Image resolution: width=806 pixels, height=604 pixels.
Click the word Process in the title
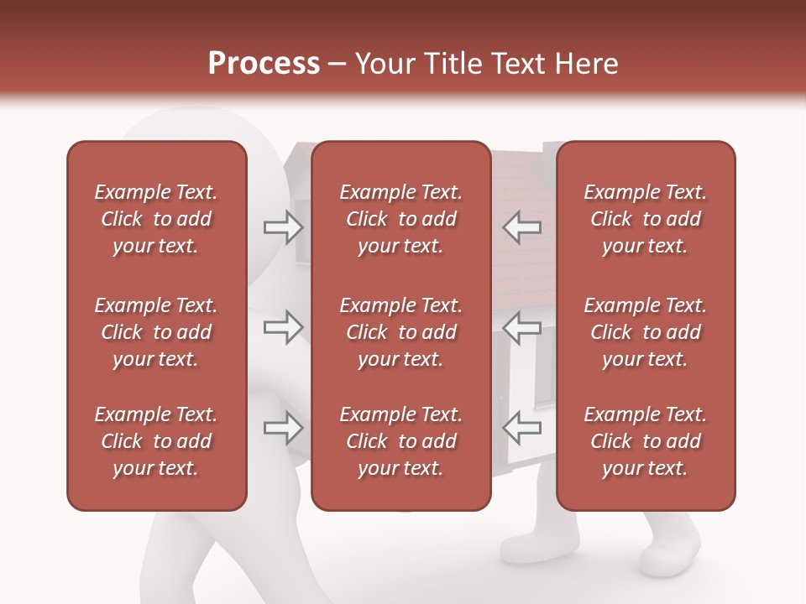pyautogui.click(x=264, y=64)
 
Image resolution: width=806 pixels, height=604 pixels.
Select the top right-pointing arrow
pyautogui.click(x=283, y=227)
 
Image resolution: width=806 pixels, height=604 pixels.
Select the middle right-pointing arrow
pyautogui.click(x=283, y=327)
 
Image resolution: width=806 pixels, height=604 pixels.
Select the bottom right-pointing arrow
pyautogui.click(x=283, y=427)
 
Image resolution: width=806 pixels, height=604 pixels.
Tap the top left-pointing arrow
pyautogui.click(x=522, y=227)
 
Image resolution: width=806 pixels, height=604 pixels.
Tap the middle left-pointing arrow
pyautogui.click(x=522, y=327)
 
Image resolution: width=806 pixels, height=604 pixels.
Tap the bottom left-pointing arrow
pyautogui.click(x=522, y=427)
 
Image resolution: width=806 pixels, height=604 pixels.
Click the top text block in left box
pyautogui.click(x=156, y=219)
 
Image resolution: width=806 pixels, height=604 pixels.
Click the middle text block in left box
pyautogui.click(x=156, y=332)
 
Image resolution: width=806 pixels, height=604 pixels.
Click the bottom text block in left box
pyautogui.click(x=156, y=441)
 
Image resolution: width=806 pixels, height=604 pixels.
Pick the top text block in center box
pyautogui.click(x=400, y=219)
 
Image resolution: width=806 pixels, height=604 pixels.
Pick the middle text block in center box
pyautogui.click(x=400, y=332)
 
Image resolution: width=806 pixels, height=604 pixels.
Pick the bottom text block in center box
pyautogui.click(x=400, y=441)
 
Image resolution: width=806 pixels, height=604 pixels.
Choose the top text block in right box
pyautogui.click(x=645, y=219)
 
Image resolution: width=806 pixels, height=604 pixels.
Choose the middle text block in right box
pyautogui.click(x=645, y=332)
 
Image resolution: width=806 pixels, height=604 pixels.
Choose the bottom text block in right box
pyautogui.click(x=645, y=441)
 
